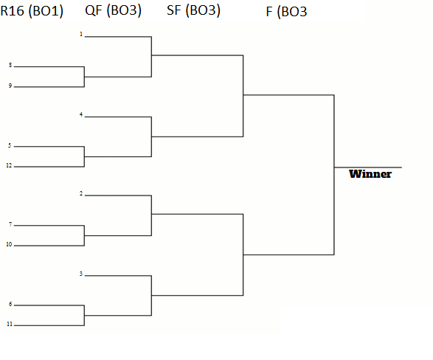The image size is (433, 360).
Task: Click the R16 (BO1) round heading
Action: pyautogui.click(x=32, y=11)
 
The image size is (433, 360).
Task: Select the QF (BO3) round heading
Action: pyautogui.click(x=113, y=10)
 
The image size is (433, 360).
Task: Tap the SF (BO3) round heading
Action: pyautogui.click(x=193, y=10)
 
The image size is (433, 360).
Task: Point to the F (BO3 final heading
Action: pyautogui.click(x=287, y=12)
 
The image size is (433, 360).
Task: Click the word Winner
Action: pyautogui.click(x=370, y=174)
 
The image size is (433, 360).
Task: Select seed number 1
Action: pyautogui.click(x=81, y=34)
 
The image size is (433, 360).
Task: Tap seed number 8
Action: pyautogui.click(x=10, y=65)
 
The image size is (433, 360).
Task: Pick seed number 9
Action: pyautogui.click(x=10, y=86)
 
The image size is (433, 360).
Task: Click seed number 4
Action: pyautogui.click(x=81, y=114)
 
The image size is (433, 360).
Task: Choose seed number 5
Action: pyautogui.click(x=10, y=145)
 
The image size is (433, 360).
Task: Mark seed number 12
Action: pyautogui.click(x=9, y=165)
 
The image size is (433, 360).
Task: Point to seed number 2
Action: pyautogui.click(x=81, y=193)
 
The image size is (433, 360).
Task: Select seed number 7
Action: pyautogui.click(x=10, y=224)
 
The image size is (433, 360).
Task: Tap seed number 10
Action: pyautogui.click(x=9, y=244)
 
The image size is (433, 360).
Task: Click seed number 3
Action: pyautogui.click(x=81, y=274)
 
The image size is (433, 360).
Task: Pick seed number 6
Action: pyautogui.click(x=10, y=304)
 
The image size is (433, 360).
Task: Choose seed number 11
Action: pyautogui.click(x=10, y=324)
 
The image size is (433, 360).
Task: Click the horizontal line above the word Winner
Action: pyautogui.click(x=368, y=167)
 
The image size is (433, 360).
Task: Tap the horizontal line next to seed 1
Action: pyautogui.click(x=118, y=36)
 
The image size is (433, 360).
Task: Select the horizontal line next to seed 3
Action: pyautogui.click(x=118, y=275)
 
